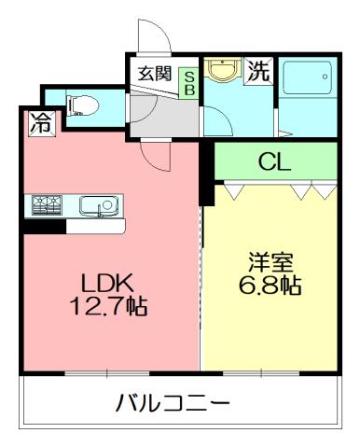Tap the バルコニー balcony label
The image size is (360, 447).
(173, 404)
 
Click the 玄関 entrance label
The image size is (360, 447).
(155, 75)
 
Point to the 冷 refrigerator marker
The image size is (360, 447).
(40, 121)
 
